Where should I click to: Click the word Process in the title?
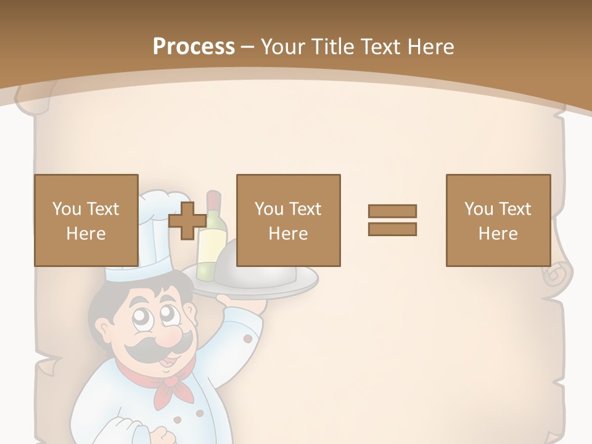(194, 46)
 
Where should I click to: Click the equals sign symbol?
(392, 220)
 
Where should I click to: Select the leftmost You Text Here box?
(86, 220)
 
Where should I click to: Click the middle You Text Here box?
(288, 220)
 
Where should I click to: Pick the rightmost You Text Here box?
(498, 220)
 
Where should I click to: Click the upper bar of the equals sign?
(392, 211)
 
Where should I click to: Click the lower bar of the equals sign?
(392, 229)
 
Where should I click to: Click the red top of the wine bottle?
(213, 200)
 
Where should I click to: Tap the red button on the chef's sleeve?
(248, 339)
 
